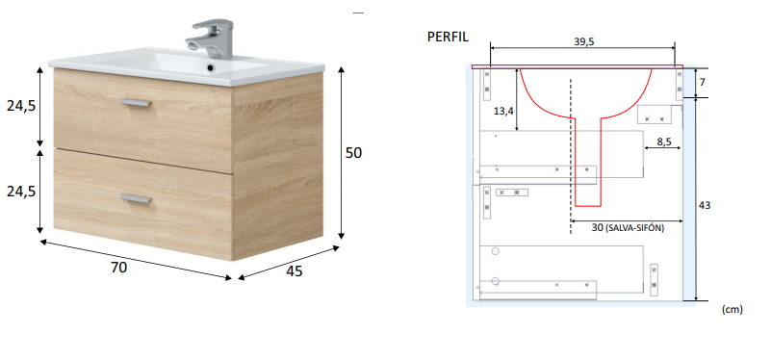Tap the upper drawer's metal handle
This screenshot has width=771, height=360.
(x=135, y=103)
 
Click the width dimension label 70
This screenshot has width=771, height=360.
(x=118, y=269)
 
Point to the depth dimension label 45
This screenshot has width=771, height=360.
(x=294, y=271)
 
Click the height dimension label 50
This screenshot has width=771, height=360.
(x=353, y=153)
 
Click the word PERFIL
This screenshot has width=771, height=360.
(x=449, y=38)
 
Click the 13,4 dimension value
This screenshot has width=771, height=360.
(x=503, y=111)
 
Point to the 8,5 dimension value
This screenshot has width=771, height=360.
(x=664, y=141)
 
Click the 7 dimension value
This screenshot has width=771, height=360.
(x=702, y=83)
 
